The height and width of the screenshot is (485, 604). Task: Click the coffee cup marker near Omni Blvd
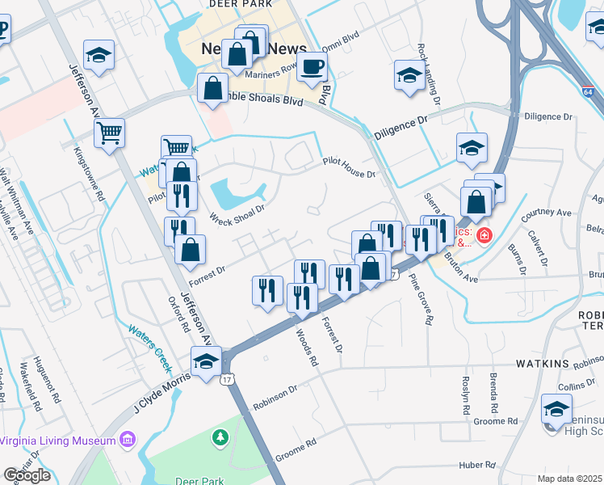tap(312, 69)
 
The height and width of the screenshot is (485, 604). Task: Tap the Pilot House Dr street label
tap(350, 168)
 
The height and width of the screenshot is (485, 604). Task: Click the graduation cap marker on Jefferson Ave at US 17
tap(206, 361)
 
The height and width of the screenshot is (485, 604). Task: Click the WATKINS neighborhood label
tap(561, 364)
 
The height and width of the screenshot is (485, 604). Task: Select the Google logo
tap(27, 475)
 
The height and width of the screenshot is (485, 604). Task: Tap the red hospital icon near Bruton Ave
tap(484, 236)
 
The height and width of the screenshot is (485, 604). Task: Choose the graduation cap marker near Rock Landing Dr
tap(409, 76)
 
